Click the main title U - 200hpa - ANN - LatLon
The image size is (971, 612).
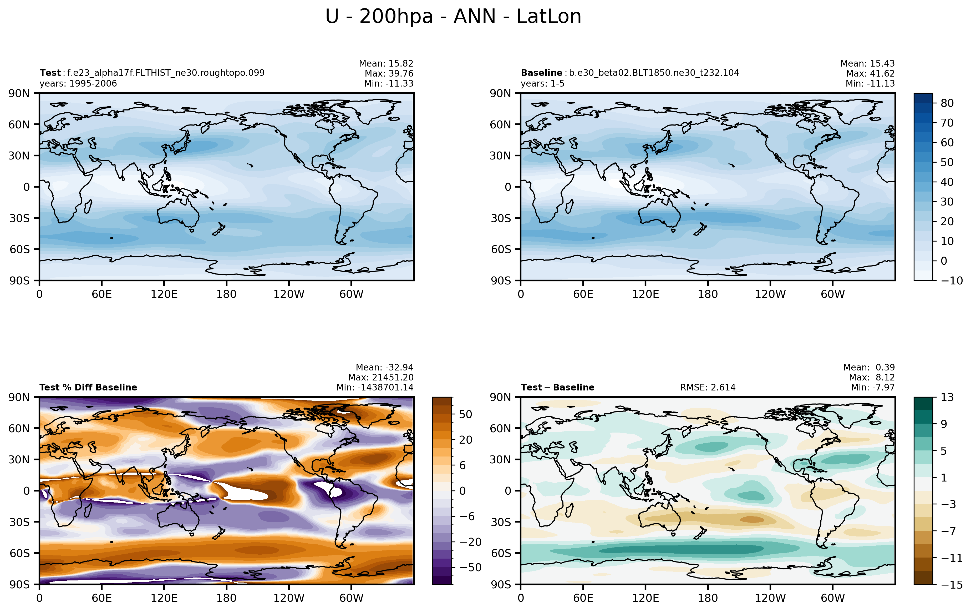point(453,17)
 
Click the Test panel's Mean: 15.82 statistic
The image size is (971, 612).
point(386,63)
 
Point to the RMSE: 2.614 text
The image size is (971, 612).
point(708,387)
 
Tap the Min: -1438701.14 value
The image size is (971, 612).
point(375,387)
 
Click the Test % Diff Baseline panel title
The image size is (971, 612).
point(88,387)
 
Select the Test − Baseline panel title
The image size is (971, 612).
point(558,387)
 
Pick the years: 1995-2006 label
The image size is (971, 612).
point(78,83)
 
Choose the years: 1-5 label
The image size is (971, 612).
point(542,83)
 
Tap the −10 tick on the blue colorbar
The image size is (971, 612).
point(952,280)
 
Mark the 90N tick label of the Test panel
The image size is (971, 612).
point(19,93)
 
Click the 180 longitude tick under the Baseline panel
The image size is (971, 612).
point(708,294)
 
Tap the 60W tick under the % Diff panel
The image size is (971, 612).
point(351,598)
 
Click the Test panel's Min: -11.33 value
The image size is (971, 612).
point(389,83)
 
